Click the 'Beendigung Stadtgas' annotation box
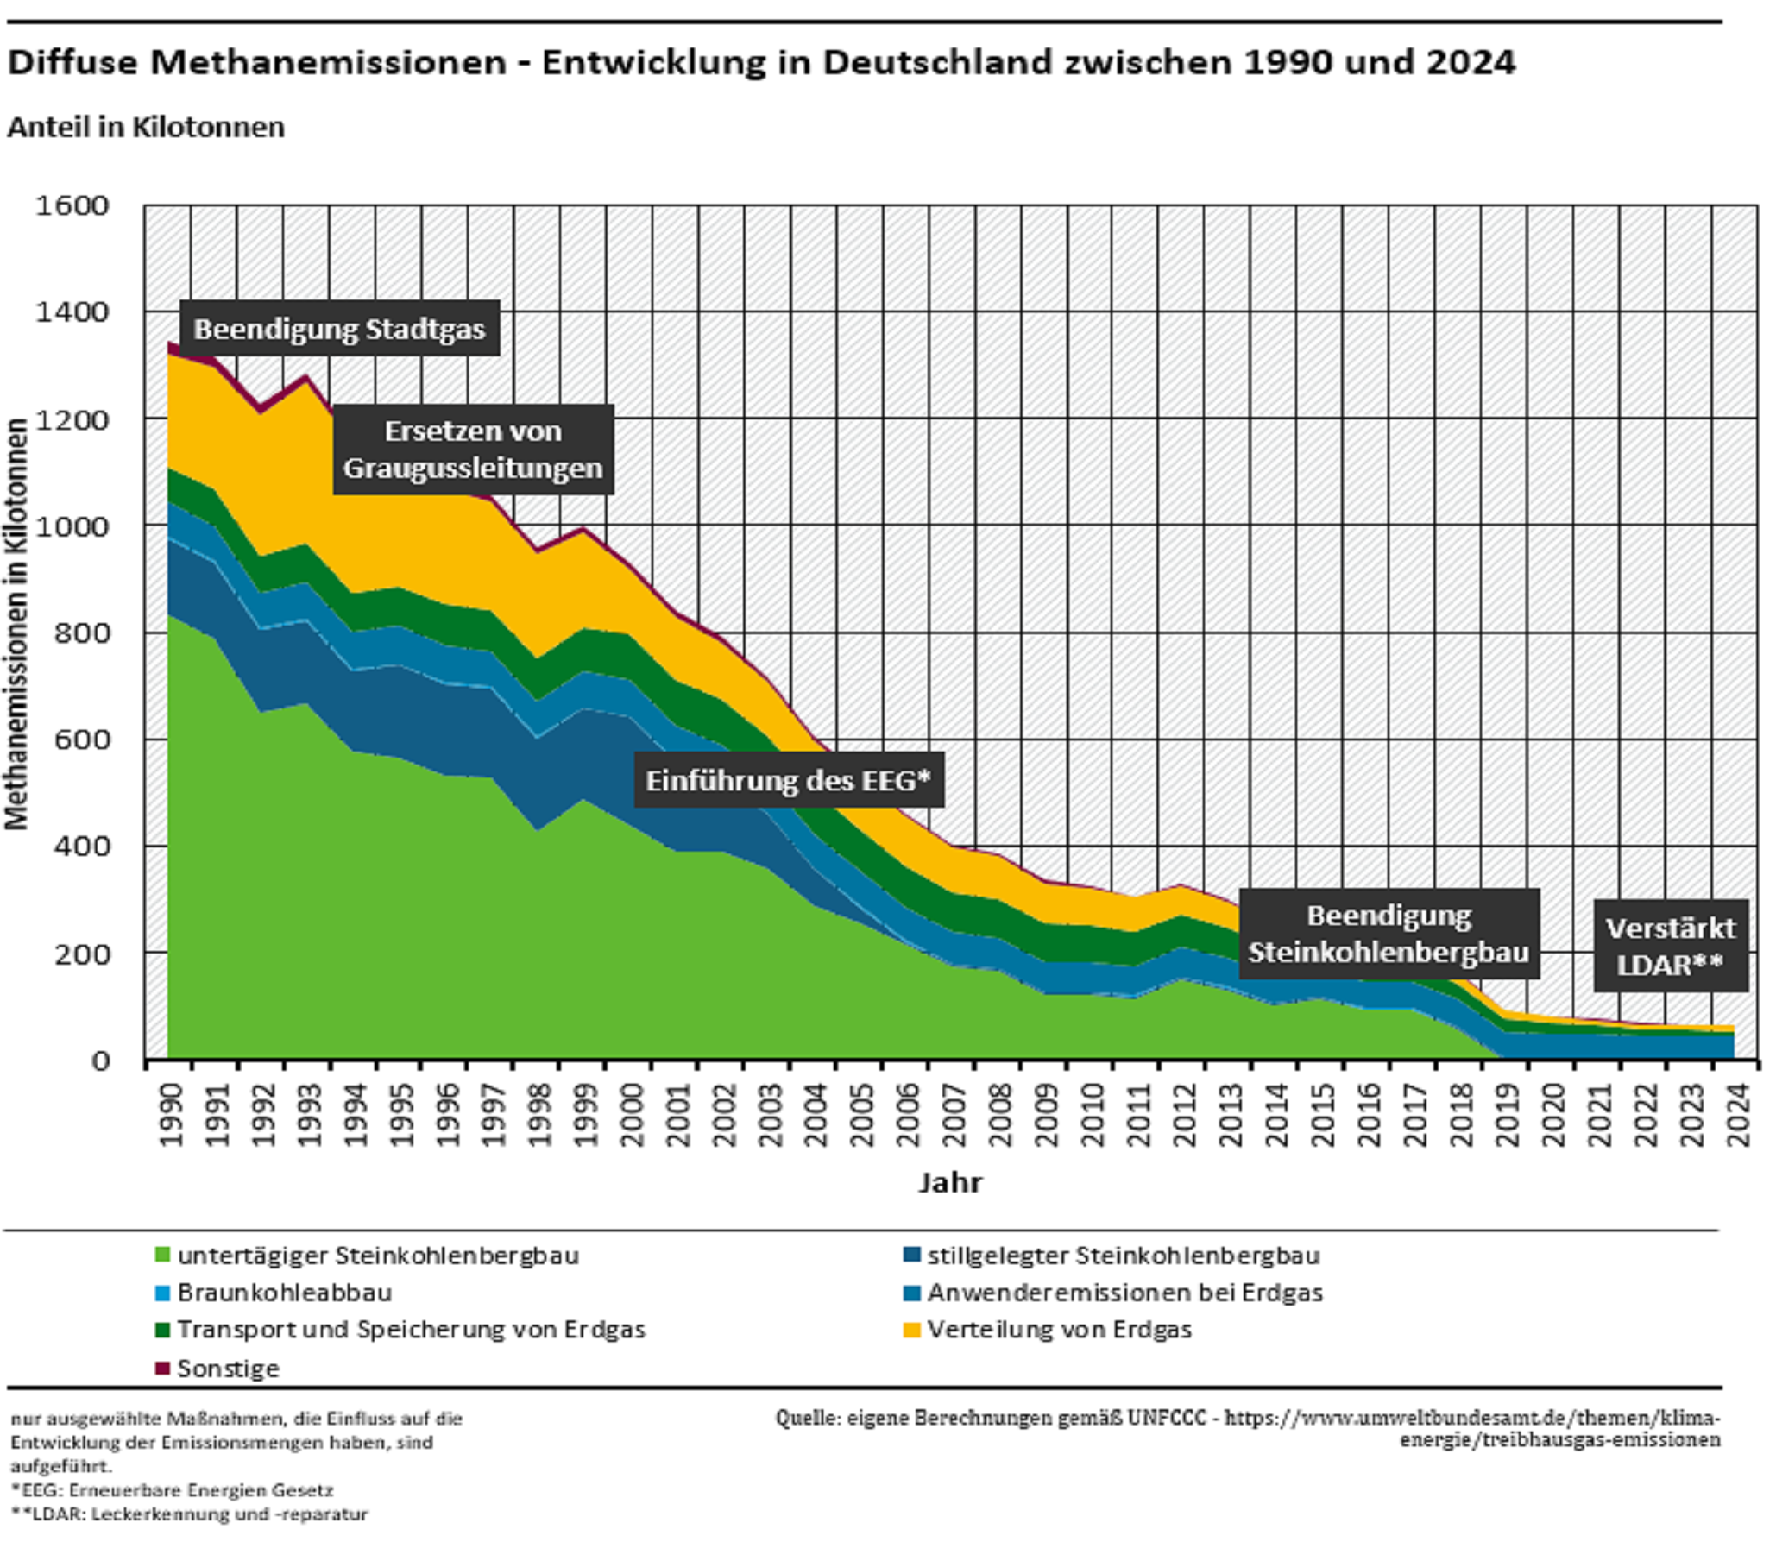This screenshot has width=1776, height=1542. click(339, 329)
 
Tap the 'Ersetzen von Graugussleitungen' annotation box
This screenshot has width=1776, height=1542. click(473, 450)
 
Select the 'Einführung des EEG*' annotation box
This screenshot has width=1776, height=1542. click(789, 781)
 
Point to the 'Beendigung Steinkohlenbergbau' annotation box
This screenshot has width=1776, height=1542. click(1389, 934)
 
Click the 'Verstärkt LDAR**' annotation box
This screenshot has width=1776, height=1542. click(1670, 947)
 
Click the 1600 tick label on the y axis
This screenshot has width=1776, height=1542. click(72, 205)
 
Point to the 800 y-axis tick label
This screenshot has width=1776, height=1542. click(83, 633)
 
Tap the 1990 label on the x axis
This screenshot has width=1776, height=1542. click(171, 1115)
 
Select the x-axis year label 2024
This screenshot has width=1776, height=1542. click(1738, 1115)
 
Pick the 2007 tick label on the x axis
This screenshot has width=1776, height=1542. click(954, 1115)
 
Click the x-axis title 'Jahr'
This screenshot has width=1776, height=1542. click(950, 1182)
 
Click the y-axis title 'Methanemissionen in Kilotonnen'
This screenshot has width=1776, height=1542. click(17, 625)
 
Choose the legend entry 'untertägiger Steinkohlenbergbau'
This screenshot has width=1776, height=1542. click(378, 1256)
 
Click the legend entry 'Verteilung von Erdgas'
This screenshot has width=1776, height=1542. click(1059, 1330)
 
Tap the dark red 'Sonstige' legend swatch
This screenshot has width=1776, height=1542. click(162, 1368)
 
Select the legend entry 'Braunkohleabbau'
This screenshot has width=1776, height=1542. click(284, 1293)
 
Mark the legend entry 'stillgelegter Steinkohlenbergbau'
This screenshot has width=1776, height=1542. click(1123, 1256)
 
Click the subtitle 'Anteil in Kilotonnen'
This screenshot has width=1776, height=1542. click(146, 127)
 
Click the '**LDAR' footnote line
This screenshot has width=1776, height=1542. click(190, 1514)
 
